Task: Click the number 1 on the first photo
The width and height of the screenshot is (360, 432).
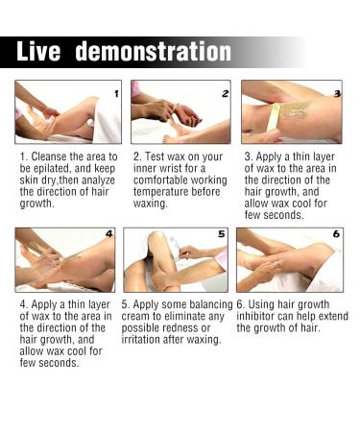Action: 115,94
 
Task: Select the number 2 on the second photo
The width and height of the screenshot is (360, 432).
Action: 225,94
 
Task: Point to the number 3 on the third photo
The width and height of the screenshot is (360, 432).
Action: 337,93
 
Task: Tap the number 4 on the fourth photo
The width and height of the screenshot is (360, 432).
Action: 109,234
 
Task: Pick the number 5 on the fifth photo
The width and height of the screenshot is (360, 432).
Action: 221,234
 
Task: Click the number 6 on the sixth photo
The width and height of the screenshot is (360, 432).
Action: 336,234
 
